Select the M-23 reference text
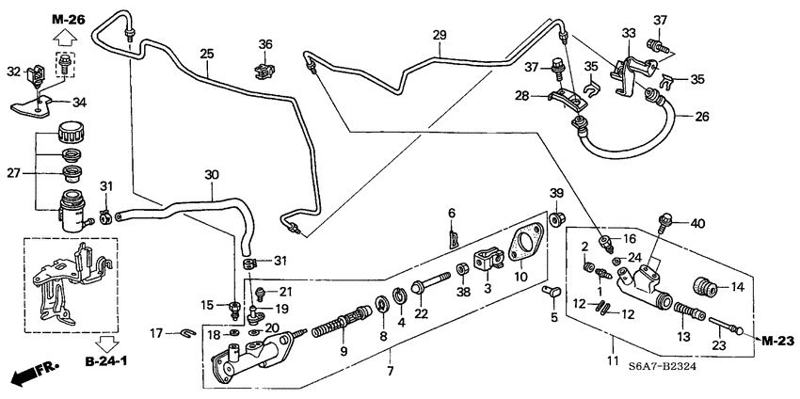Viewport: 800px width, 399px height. [x=778, y=339]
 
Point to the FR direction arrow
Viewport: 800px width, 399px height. [x=33, y=374]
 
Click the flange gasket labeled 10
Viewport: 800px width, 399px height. [x=520, y=247]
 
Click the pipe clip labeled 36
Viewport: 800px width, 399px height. [x=265, y=68]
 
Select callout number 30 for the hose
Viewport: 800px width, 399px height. [x=211, y=175]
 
